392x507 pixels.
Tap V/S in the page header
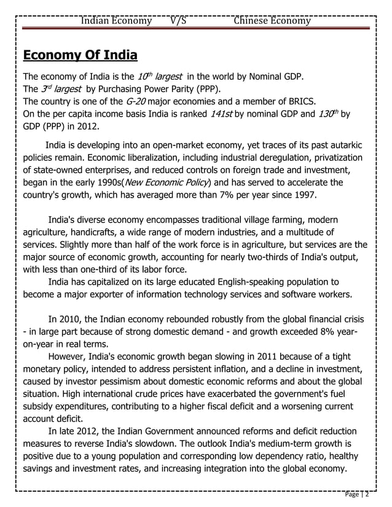click(178, 21)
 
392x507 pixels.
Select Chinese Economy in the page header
click(272, 21)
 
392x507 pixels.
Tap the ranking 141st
click(221, 114)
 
